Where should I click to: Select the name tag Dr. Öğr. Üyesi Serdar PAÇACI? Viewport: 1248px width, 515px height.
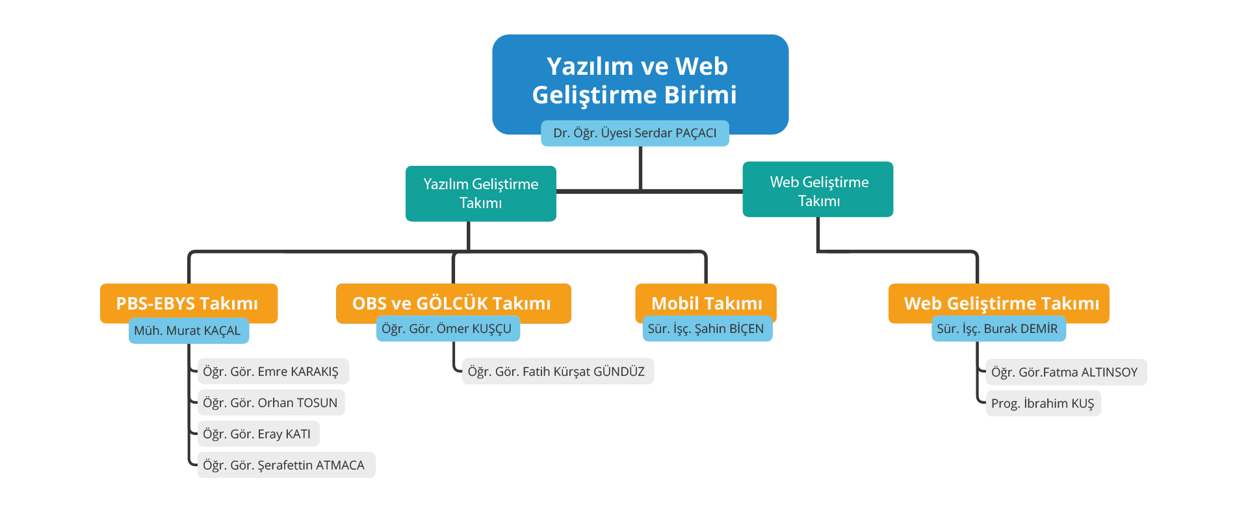tap(634, 133)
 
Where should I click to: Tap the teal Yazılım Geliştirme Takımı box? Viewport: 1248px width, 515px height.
tap(480, 193)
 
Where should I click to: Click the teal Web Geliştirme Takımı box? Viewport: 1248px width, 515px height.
tap(818, 190)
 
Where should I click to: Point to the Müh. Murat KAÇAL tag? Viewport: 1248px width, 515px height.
tap(188, 331)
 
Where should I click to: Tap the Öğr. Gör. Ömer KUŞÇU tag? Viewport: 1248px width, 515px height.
tap(447, 329)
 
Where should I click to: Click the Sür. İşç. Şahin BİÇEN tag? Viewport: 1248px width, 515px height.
tap(706, 329)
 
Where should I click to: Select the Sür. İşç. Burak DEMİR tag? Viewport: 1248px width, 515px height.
tap(998, 329)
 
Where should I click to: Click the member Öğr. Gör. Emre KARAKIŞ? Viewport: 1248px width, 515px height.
tap(272, 372)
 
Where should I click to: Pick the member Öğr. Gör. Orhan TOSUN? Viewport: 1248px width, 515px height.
tap(270, 403)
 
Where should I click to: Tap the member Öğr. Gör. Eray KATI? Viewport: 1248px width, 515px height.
tap(257, 434)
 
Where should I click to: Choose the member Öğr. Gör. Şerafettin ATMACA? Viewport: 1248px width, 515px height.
tap(285, 466)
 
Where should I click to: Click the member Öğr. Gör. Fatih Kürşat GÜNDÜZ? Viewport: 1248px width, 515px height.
tap(557, 372)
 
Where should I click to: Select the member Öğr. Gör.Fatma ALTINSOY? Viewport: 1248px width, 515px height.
tap(1065, 373)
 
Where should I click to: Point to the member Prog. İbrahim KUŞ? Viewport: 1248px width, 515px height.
tap(1043, 404)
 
